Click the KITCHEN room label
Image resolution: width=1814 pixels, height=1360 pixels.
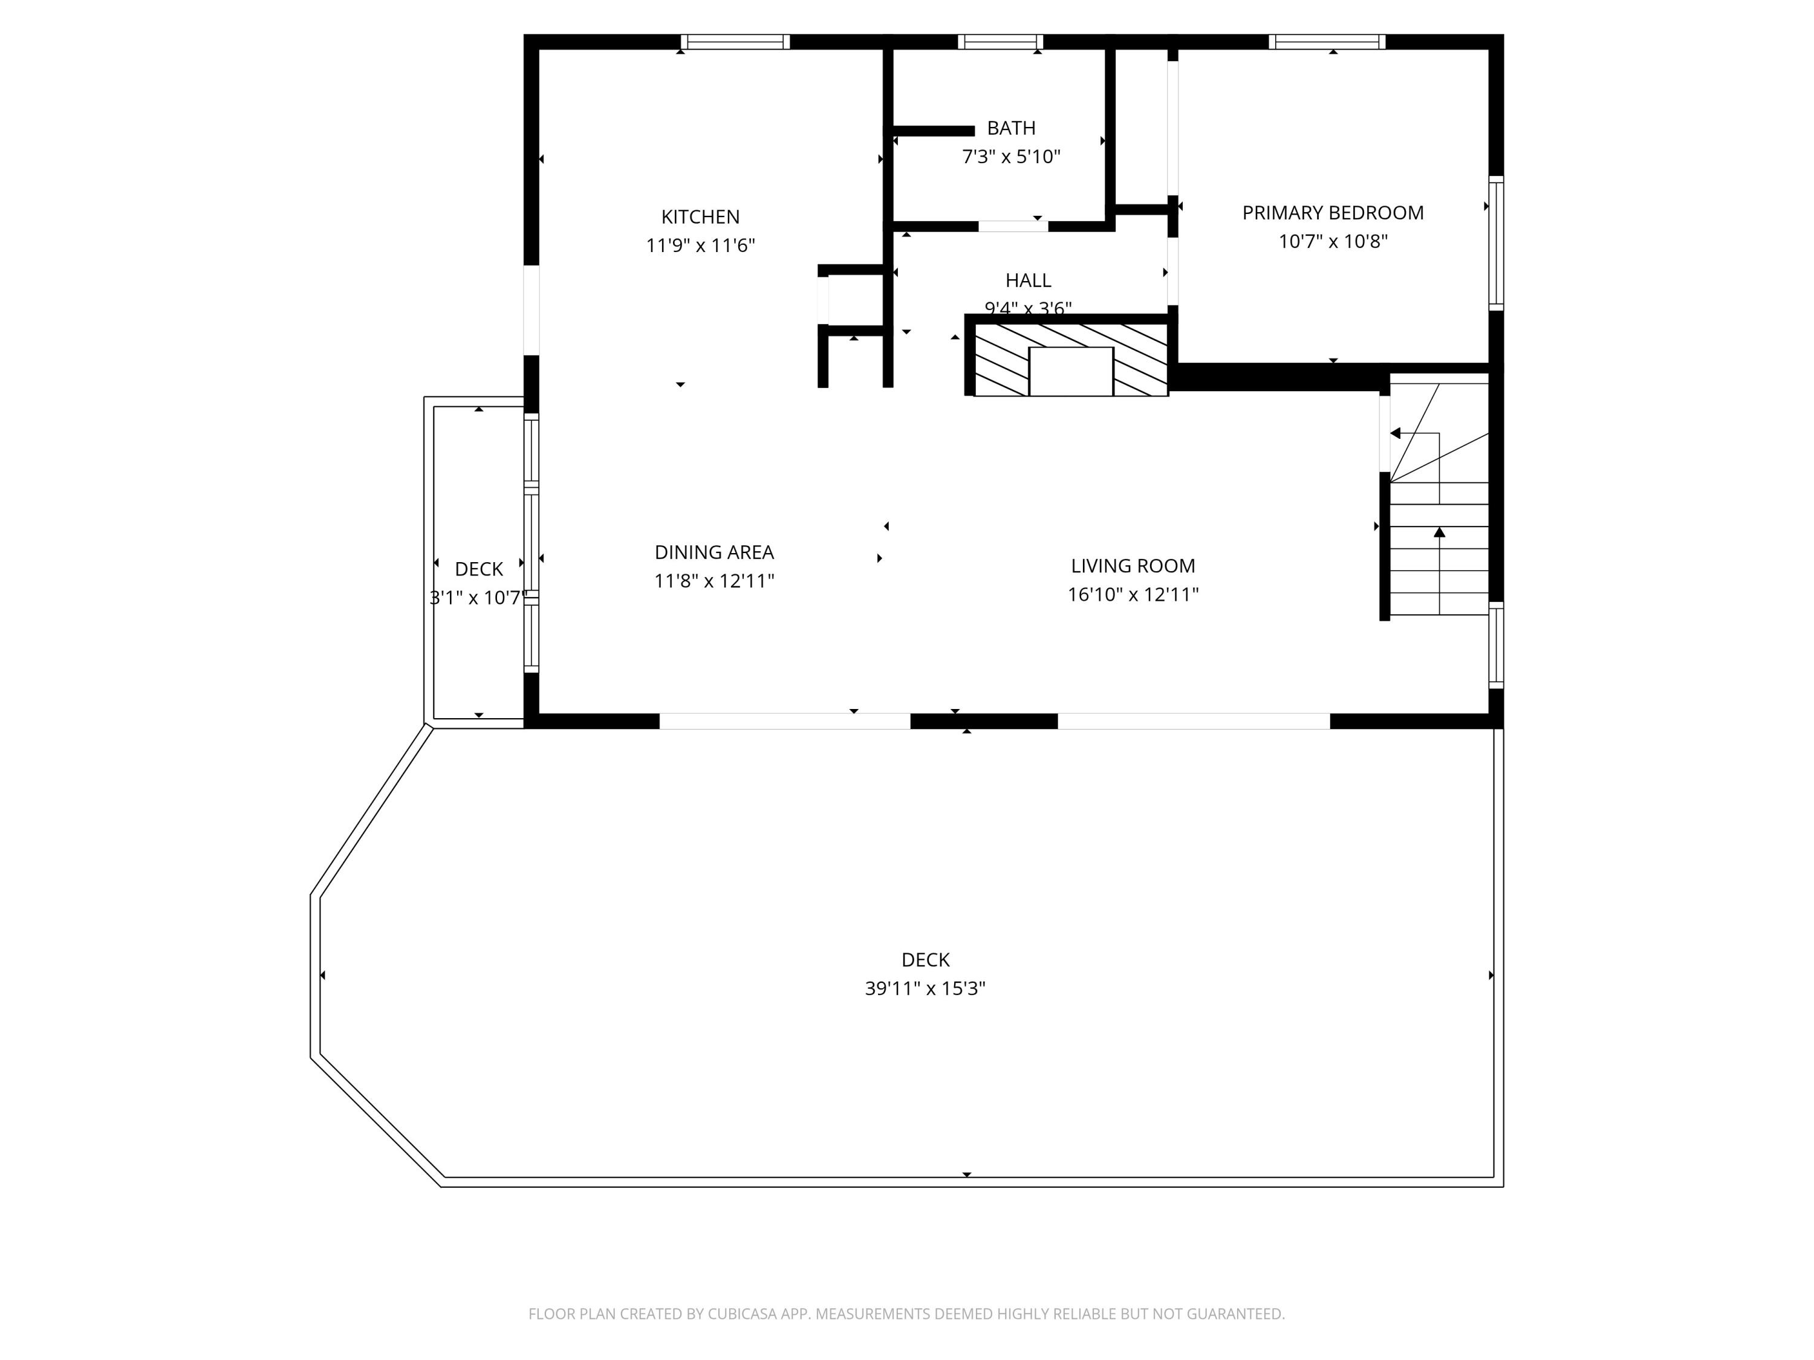(700, 217)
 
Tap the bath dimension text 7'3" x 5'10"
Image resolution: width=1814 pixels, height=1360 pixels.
(1010, 157)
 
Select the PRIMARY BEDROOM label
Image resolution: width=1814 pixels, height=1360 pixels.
(1332, 213)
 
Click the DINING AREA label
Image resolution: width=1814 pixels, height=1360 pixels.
(714, 552)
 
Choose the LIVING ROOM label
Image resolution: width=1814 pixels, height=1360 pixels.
(1132, 566)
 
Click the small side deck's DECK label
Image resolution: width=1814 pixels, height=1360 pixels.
(478, 569)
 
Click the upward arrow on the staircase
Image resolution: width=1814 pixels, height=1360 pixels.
(1439, 534)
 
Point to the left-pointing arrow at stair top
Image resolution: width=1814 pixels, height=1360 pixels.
(1394, 433)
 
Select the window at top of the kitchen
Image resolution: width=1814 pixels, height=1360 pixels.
(735, 42)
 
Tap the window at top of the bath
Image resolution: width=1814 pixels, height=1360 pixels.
(999, 42)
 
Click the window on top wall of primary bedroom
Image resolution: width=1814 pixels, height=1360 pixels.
(1326, 42)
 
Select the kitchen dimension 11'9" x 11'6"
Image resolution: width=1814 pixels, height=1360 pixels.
(700, 246)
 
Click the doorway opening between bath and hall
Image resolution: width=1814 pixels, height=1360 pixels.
(1013, 226)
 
